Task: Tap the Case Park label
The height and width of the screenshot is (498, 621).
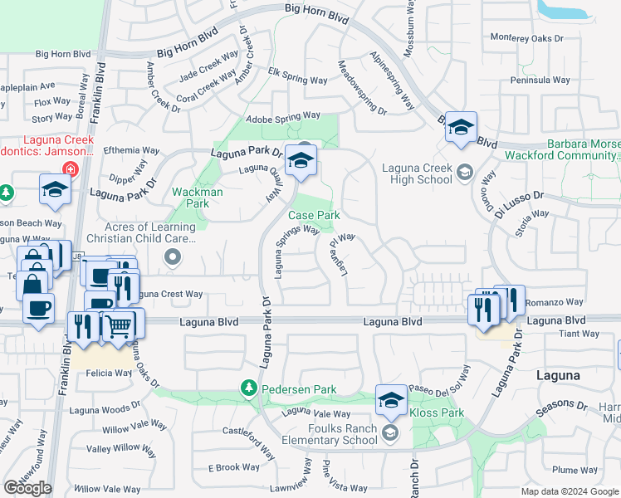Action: point(314,215)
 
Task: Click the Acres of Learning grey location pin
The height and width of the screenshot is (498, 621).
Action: point(172,257)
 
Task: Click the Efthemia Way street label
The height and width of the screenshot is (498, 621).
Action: point(131,151)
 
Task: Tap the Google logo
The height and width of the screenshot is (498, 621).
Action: point(27,488)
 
